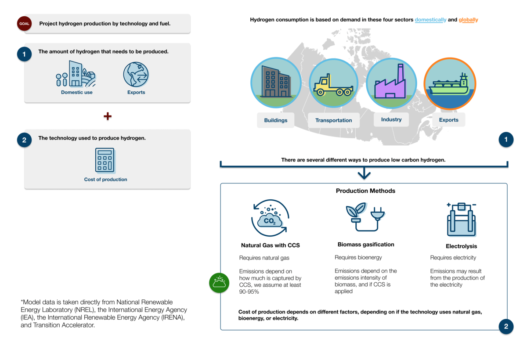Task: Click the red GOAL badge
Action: click(x=24, y=24)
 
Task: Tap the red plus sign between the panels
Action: click(x=108, y=116)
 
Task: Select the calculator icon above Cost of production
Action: click(x=105, y=160)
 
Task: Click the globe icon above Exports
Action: click(x=136, y=74)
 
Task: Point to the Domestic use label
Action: click(x=77, y=92)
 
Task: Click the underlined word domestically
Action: click(x=430, y=20)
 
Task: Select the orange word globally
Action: click(x=468, y=20)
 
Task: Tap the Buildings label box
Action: click(x=276, y=120)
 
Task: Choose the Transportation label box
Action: click(x=334, y=120)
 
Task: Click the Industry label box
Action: click(x=391, y=119)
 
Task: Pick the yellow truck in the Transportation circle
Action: click(x=333, y=85)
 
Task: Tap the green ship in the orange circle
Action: click(x=449, y=85)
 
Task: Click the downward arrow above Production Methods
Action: click(x=364, y=173)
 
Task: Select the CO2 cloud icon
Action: click(x=270, y=218)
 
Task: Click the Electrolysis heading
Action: click(x=462, y=246)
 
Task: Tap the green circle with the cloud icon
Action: click(x=219, y=283)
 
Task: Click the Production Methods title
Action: click(x=365, y=191)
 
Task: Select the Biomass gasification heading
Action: click(x=366, y=245)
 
